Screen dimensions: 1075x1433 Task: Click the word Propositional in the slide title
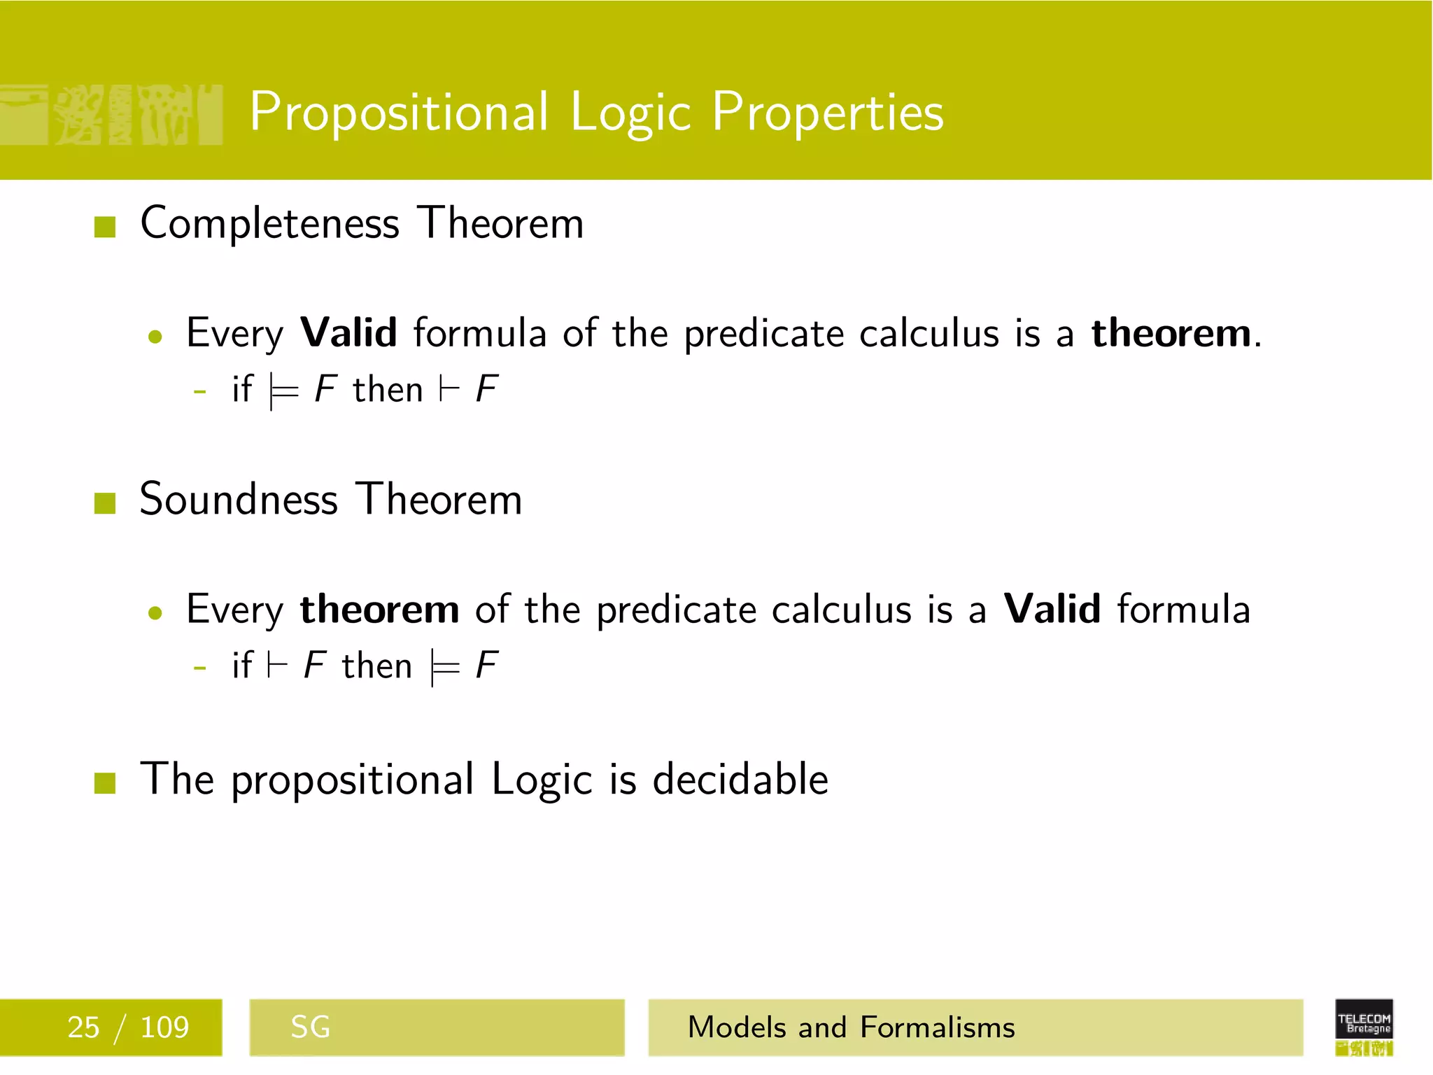[x=399, y=112]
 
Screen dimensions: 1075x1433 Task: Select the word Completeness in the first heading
[x=270, y=223]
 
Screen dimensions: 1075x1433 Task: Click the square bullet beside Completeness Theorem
[x=105, y=227]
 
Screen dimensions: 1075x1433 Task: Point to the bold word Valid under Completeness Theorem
[x=348, y=332]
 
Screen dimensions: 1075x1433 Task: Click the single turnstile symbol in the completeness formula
[x=449, y=389]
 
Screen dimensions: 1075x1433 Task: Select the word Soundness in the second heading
[x=239, y=500]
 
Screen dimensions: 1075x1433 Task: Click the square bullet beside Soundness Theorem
[x=105, y=503]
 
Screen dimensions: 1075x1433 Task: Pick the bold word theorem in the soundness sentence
[x=379, y=609]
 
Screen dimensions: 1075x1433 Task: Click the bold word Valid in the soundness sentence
[x=1052, y=609]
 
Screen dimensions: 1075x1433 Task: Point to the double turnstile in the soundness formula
[x=445, y=668]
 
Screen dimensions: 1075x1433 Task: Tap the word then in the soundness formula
[x=376, y=666]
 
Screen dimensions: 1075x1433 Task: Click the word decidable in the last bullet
[x=740, y=779]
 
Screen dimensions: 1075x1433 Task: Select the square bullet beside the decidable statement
[x=105, y=782]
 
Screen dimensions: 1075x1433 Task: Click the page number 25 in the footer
[x=83, y=1027]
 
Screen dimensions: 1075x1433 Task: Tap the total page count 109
[x=164, y=1027]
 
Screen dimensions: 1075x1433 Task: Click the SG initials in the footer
[x=310, y=1027]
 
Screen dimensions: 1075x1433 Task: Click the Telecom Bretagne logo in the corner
[x=1364, y=1027]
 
